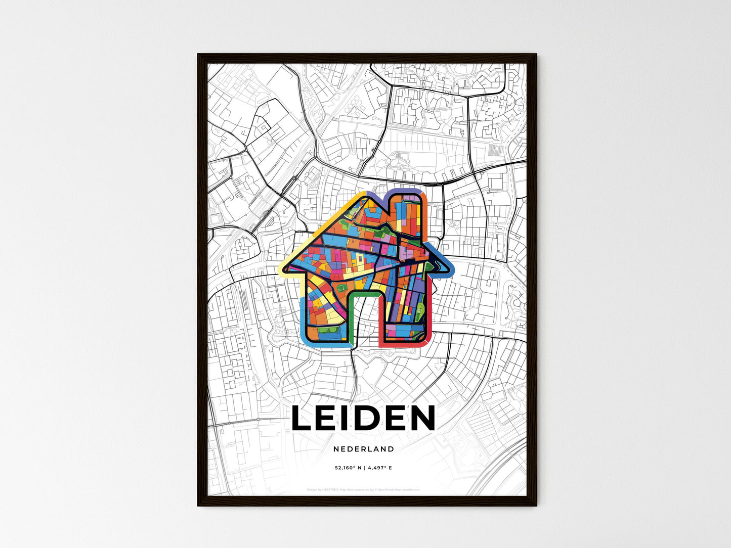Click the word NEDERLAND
point(364,449)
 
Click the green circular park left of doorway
point(342,288)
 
